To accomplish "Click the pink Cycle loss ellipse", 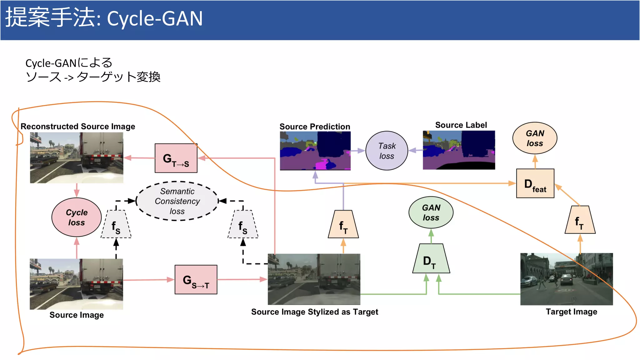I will click(x=77, y=217).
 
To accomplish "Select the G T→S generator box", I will click(x=176, y=158).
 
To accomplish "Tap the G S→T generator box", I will click(x=196, y=280).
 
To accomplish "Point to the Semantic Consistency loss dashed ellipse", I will click(x=177, y=201).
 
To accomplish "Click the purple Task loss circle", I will click(x=387, y=151).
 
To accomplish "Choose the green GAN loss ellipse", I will click(x=431, y=212).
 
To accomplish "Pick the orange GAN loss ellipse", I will click(x=535, y=138).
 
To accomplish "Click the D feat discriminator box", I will click(x=535, y=183).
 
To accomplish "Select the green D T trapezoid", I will click(x=431, y=259).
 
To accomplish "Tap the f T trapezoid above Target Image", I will click(x=580, y=220).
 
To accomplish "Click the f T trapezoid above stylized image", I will click(x=343, y=225).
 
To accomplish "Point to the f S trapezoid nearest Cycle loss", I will click(x=116, y=225).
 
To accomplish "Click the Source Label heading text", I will click(x=461, y=125).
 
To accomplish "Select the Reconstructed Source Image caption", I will click(x=78, y=126).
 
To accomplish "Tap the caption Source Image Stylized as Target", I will click(x=314, y=312).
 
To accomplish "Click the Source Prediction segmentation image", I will click(x=315, y=151).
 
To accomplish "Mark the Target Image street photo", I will click(x=566, y=279).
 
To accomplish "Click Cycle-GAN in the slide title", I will click(x=155, y=19).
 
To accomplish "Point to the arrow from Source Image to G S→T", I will click(x=148, y=280).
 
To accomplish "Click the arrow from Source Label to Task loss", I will click(x=415, y=150).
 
